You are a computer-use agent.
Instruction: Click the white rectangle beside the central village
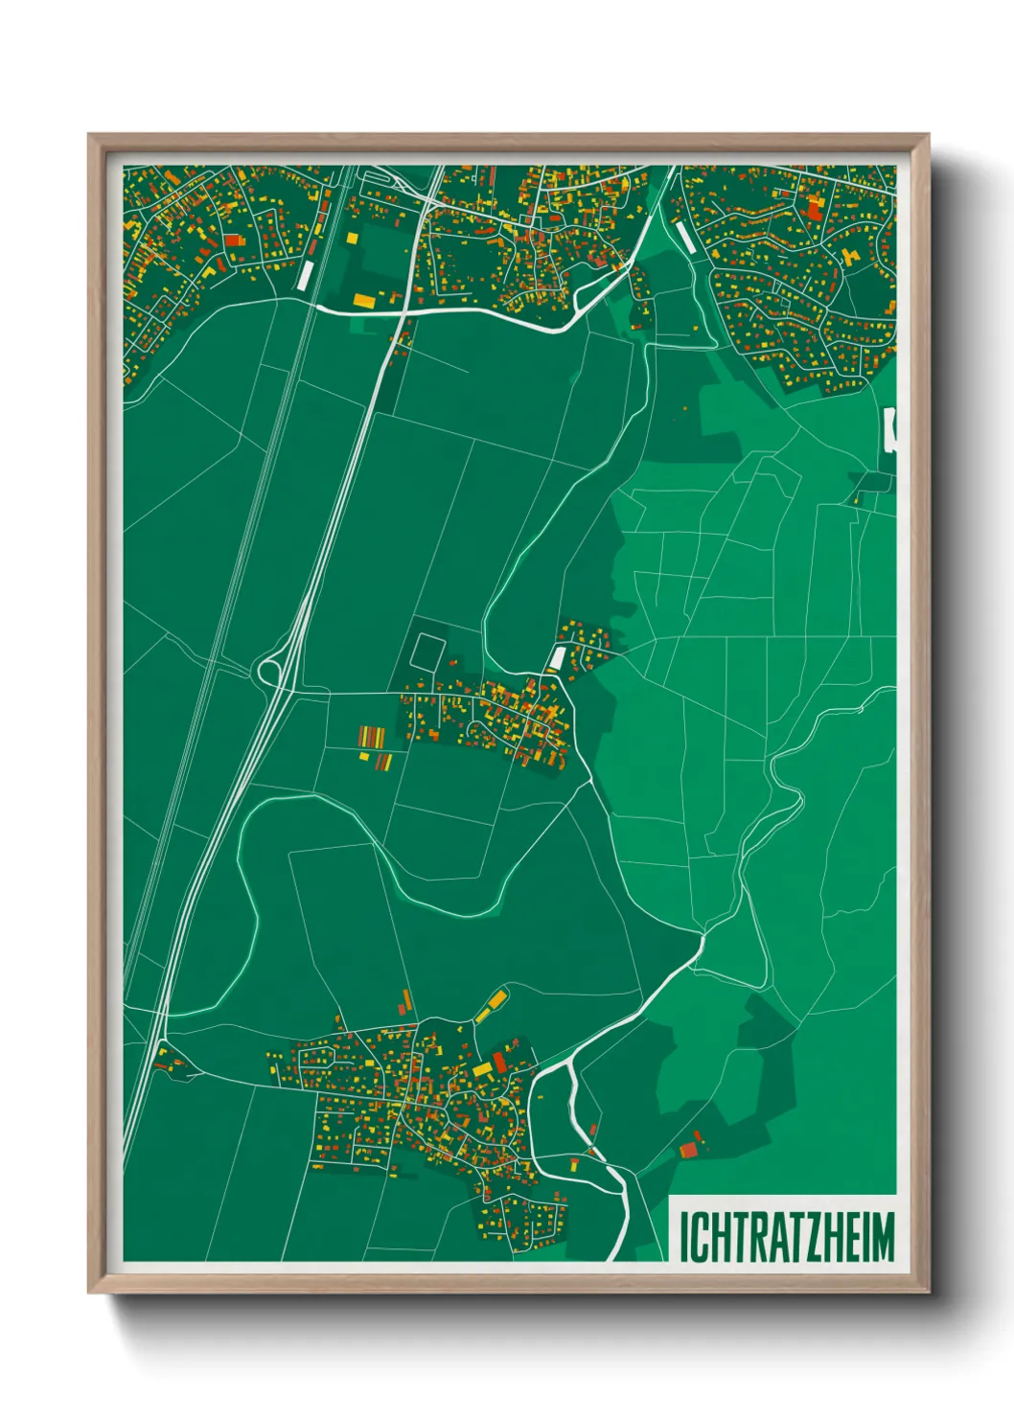tap(557, 659)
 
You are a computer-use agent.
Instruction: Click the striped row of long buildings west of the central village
tap(371, 738)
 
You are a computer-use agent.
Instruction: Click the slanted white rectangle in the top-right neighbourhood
tap(686, 239)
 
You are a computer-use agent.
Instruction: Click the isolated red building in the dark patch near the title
tap(688, 1150)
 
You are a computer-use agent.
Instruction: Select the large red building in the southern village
tap(498, 1063)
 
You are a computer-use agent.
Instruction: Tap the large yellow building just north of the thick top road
tap(364, 301)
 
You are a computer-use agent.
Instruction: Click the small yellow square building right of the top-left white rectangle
tap(352, 237)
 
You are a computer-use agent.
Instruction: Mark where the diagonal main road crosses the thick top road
tap(403, 311)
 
